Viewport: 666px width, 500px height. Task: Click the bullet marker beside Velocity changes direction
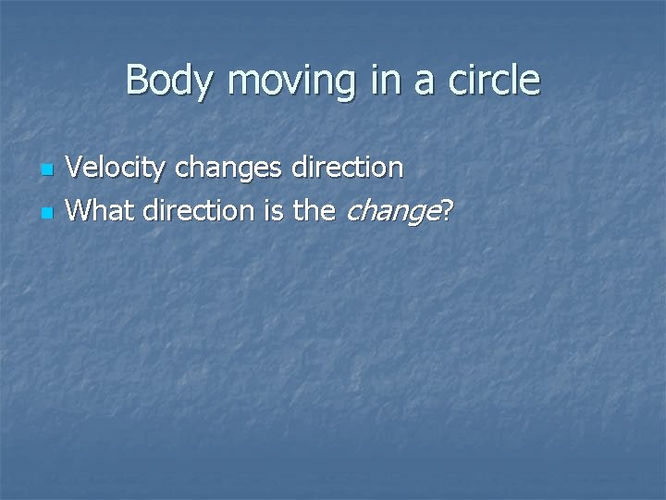(x=49, y=171)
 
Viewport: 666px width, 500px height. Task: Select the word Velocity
(x=117, y=169)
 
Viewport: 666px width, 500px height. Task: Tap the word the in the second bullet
(x=314, y=210)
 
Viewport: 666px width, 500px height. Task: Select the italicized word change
(x=391, y=212)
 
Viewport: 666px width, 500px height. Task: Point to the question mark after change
(x=447, y=210)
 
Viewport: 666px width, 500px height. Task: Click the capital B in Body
(x=136, y=80)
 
